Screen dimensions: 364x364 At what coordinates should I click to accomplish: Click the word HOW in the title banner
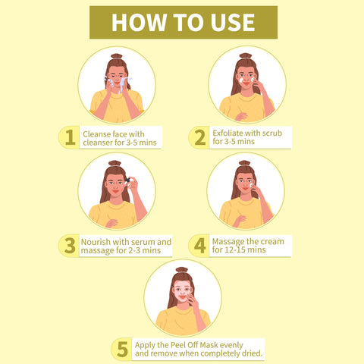[x=139, y=23]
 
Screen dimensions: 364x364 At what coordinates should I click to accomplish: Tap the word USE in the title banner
[x=233, y=23]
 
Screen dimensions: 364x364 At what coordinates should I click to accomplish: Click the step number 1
[x=70, y=137]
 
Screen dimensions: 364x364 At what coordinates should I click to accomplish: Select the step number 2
[x=200, y=137]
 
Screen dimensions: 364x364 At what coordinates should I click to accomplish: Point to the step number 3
[x=70, y=246]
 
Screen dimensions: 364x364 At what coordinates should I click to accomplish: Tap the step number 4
[x=200, y=246]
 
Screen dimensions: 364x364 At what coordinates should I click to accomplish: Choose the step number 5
[x=123, y=349]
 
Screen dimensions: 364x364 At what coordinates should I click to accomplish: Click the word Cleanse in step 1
[x=96, y=134]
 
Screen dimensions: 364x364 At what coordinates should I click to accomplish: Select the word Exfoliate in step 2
[x=227, y=133]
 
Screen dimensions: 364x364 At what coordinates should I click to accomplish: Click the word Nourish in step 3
[x=96, y=242]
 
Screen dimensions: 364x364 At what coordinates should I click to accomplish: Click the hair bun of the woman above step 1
[x=117, y=56]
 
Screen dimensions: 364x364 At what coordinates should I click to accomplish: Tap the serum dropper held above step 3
[x=128, y=180]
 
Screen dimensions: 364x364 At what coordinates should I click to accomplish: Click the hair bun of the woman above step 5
[x=182, y=269]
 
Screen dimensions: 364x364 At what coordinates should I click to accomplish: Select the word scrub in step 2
[x=271, y=133]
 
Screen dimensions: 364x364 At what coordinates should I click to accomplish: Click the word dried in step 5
[x=252, y=353]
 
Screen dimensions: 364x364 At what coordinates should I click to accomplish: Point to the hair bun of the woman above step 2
[x=246, y=55]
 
